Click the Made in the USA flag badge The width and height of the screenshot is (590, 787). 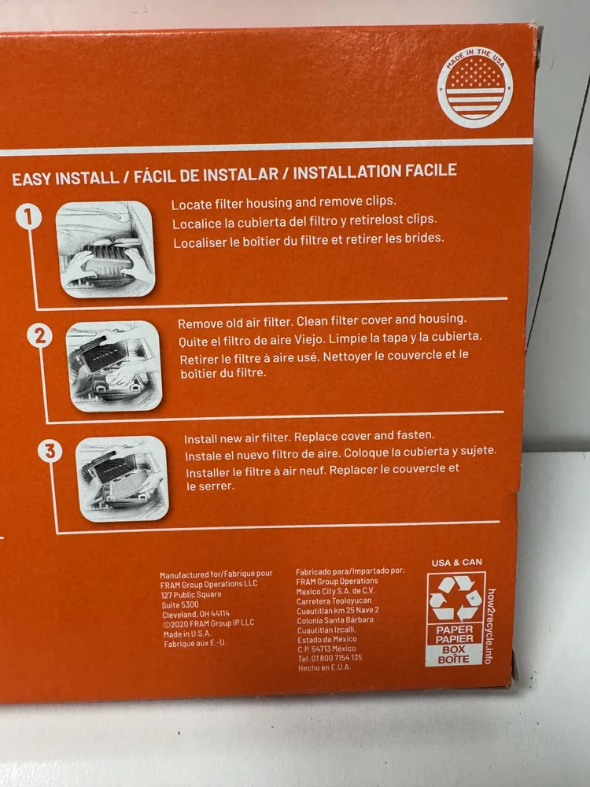(x=474, y=87)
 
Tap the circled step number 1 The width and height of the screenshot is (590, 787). (x=28, y=217)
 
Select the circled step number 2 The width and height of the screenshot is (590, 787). (x=39, y=336)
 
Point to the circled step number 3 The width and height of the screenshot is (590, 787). (x=50, y=451)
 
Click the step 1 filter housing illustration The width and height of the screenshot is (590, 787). (x=105, y=249)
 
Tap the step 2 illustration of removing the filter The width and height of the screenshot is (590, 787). (x=114, y=366)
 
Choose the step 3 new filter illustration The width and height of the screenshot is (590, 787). (x=123, y=478)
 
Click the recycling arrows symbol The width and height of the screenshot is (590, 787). (x=455, y=598)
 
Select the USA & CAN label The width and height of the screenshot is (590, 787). (x=456, y=563)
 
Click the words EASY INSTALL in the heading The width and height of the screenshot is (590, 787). (x=65, y=179)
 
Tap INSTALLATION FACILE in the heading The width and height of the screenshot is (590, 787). (x=374, y=171)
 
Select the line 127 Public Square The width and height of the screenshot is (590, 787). (x=191, y=595)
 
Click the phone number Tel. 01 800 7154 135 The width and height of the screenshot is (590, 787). (x=330, y=658)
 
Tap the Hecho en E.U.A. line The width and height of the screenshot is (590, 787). (x=324, y=668)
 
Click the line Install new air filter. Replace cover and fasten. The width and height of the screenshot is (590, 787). (x=309, y=437)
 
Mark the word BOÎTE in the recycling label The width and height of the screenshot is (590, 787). (x=453, y=660)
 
